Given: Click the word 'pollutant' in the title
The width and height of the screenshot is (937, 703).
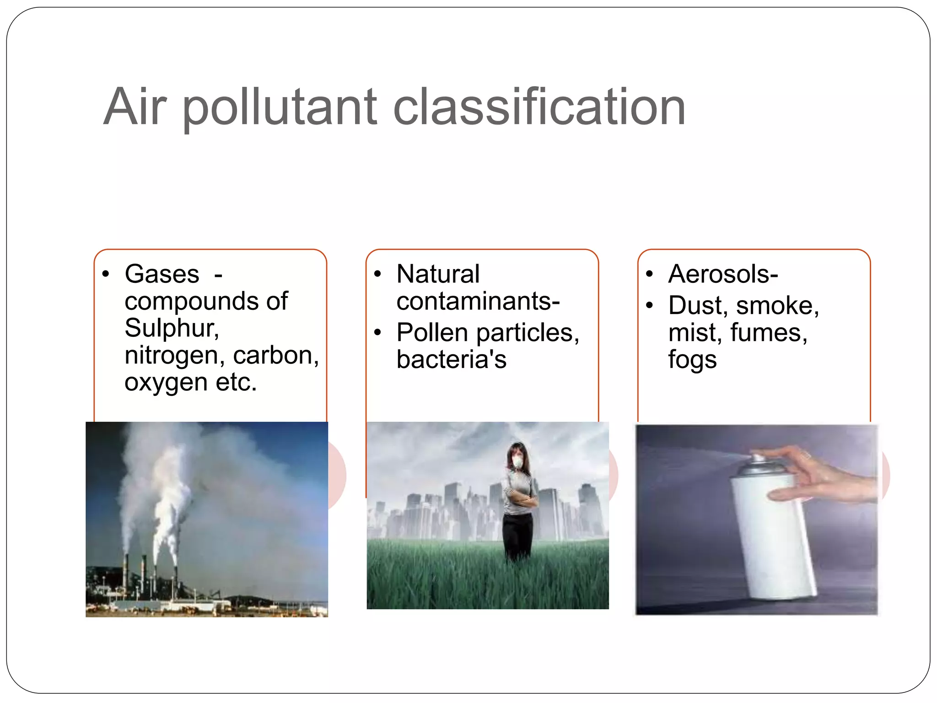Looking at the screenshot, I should (280, 108).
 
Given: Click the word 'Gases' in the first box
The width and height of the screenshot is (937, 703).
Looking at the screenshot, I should (162, 274).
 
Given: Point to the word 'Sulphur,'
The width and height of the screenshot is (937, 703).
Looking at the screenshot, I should (172, 328).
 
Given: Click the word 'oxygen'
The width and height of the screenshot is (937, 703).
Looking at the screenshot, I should (166, 383).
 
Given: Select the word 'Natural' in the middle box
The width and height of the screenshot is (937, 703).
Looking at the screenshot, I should (438, 274).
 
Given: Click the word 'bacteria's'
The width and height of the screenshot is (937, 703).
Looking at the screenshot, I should (451, 359).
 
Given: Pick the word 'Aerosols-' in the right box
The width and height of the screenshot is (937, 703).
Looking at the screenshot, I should (723, 274).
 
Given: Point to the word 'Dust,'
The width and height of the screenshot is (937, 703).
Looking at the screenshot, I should (698, 305).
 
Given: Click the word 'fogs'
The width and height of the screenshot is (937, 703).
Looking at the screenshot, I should (692, 360).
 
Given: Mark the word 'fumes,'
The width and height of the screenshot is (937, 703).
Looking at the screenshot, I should (769, 332).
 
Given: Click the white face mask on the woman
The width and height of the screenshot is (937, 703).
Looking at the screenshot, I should (517, 462).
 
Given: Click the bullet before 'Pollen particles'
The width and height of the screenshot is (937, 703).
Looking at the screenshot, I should (377, 332).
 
